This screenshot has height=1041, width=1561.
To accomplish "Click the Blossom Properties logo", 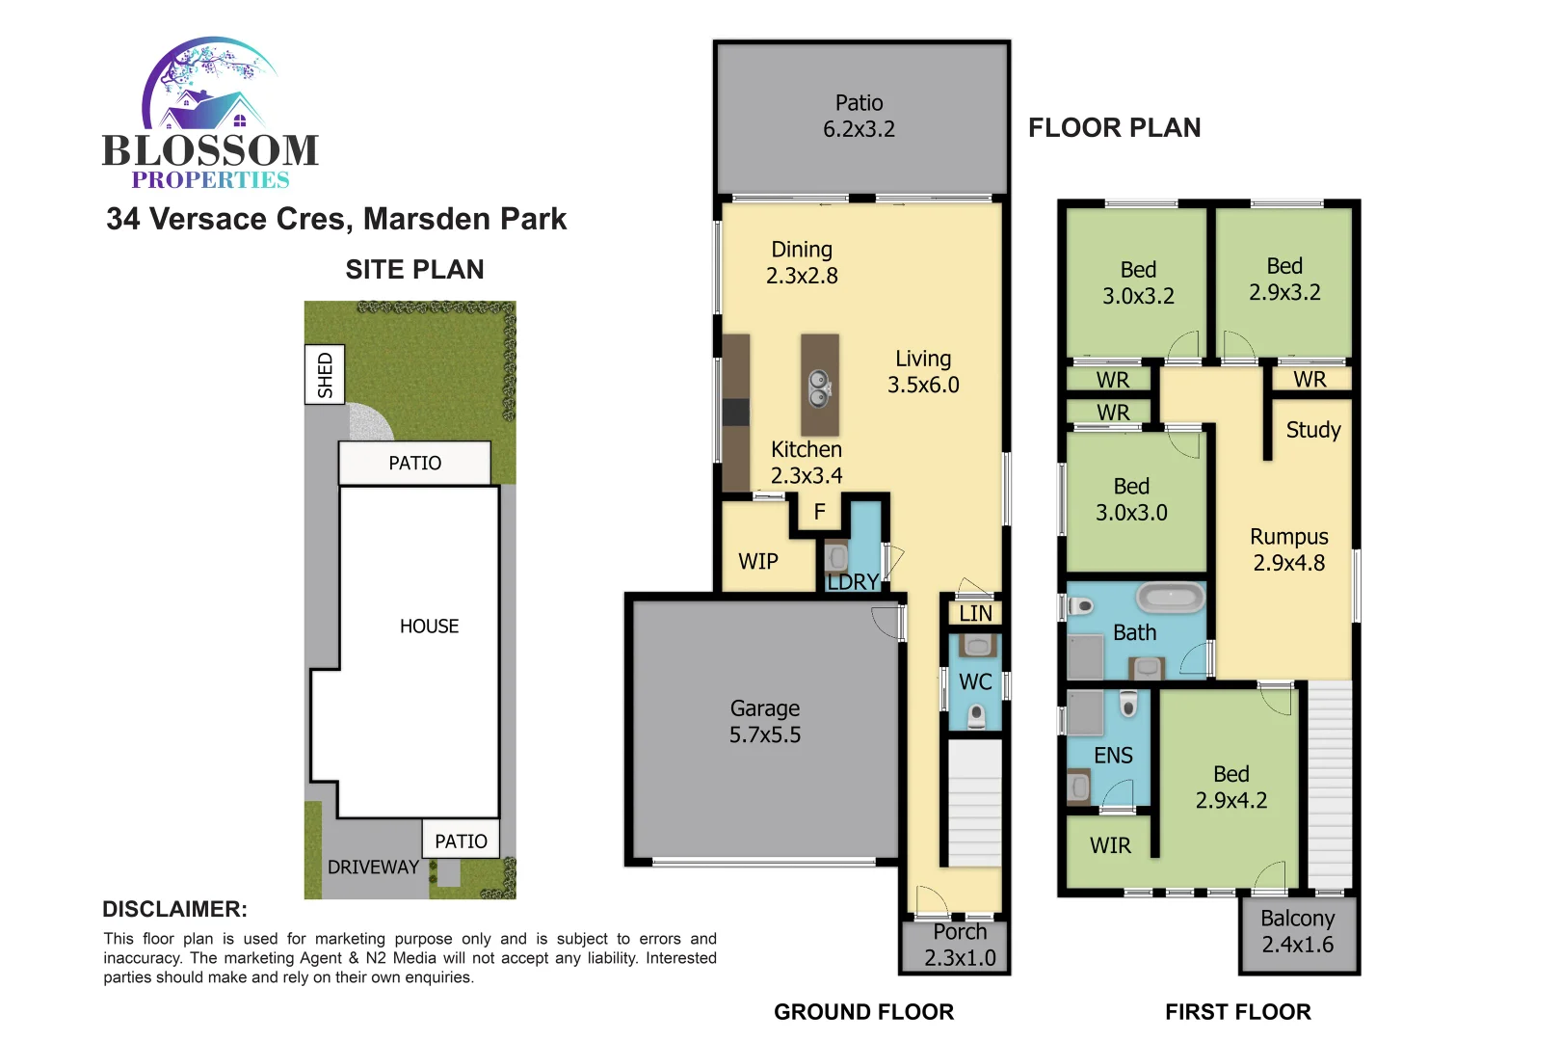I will pyautogui.click(x=210, y=114).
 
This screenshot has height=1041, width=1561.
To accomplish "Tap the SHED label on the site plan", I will pyautogui.click(x=325, y=375).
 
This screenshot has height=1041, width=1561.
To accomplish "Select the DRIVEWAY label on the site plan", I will pyautogui.click(x=373, y=867).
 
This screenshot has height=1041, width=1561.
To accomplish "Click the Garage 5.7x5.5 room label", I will pyautogui.click(x=764, y=722).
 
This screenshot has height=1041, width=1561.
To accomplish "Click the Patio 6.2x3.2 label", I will pyautogui.click(x=859, y=116).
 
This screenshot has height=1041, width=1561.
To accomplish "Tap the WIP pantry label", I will pyautogui.click(x=757, y=562).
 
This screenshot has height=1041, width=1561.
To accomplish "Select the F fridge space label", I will pyautogui.click(x=819, y=512).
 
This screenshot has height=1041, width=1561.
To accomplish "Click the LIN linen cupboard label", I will pyautogui.click(x=975, y=614).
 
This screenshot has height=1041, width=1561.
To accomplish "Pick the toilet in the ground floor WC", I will pyautogui.click(x=976, y=716).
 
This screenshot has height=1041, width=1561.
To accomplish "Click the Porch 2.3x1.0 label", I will pyautogui.click(x=960, y=946).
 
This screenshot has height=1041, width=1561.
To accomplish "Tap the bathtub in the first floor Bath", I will pyautogui.click(x=1171, y=598).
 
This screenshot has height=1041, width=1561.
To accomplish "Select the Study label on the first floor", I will pyautogui.click(x=1312, y=430).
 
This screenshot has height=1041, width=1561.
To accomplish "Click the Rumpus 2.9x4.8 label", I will pyautogui.click(x=1288, y=549).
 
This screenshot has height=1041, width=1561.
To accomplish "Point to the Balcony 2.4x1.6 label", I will pyautogui.click(x=1298, y=932).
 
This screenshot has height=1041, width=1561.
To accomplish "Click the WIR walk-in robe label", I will pyautogui.click(x=1110, y=846).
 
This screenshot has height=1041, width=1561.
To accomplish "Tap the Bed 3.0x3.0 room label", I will pyautogui.click(x=1131, y=499).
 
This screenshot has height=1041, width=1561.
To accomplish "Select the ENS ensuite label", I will pyautogui.click(x=1113, y=756).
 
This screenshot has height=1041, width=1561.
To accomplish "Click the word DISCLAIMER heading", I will pyautogui.click(x=174, y=909).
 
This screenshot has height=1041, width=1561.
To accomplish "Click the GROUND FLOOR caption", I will pyautogui.click(x=863, y=1012).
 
